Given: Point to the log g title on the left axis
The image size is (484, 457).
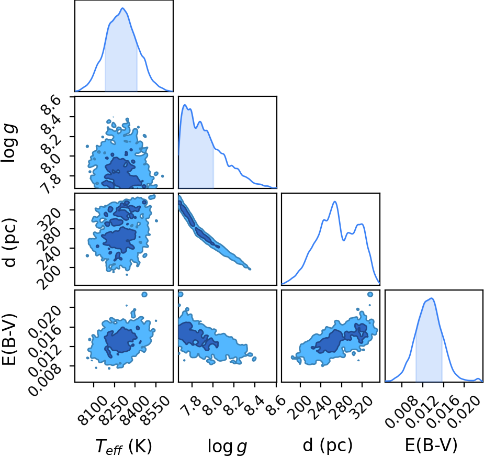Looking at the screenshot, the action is tap(9, 142).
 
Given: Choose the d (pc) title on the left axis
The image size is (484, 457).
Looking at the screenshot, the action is tap(9, 242).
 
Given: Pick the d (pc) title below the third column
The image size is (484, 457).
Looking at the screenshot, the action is tap(328, 445).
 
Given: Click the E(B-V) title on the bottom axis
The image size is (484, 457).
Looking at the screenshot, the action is tap(431, 445).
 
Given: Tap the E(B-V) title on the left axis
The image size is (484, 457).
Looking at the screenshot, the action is tap(9, 339).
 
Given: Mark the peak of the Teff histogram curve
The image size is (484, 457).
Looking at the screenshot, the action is tap(122, 8).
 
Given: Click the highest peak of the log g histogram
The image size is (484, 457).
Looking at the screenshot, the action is tap(185, 105).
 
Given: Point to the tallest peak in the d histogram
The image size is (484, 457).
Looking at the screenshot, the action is tap(335, 202).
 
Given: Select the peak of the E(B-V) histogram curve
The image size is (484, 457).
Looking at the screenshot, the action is tap(432, 298).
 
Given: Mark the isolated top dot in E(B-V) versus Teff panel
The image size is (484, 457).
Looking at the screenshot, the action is tap(144, 295).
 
